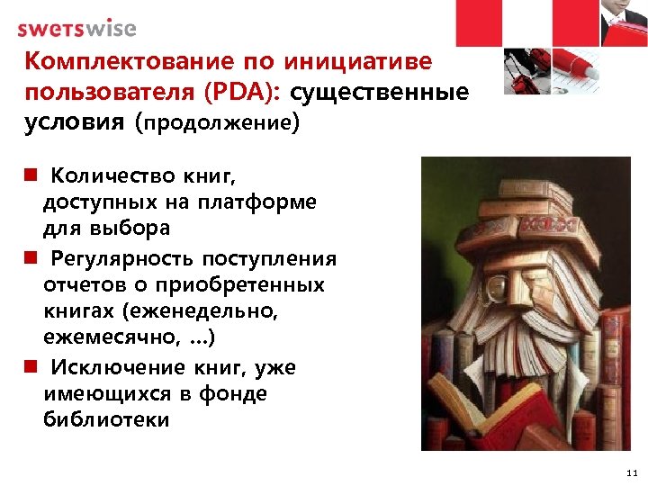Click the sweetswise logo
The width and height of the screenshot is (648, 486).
click(x=76, y=28)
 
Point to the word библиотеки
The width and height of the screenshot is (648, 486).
click(x=105, y=420)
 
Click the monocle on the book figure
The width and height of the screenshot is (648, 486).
click(x=499, y=288)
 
